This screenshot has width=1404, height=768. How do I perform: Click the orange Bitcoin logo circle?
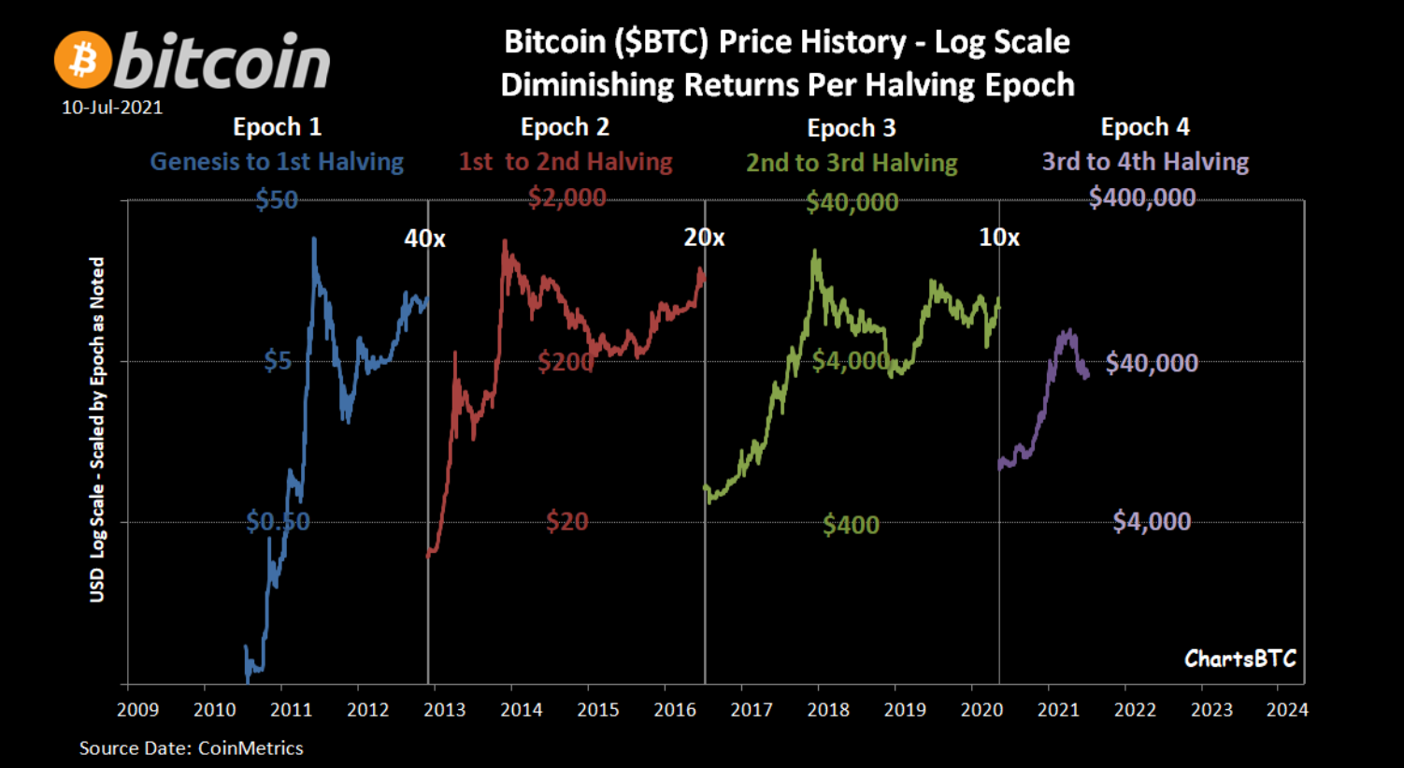pyautogui.click(x=83, y=60)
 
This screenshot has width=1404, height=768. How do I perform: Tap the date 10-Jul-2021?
pyautogui.click(x=112, y=108)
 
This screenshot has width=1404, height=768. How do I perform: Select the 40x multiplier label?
pyautogui.click(x=424, y=239)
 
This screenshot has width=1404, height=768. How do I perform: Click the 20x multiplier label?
pyautogui.click(x=704, y=238)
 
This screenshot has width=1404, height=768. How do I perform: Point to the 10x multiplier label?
pyautogui.click(x=999, y=238)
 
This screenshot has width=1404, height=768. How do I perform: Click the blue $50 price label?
pyautogui.click(x=277, y=200)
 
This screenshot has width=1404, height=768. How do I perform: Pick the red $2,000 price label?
pyautogui.click(x=566, y=197)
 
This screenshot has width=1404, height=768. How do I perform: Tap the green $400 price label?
pyautogui.click(x=851, y=525)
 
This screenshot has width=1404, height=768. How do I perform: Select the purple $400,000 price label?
pyautogui.click(x=1142, y=197)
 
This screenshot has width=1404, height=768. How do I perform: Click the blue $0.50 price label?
pyautogui.click(x=278, y=521)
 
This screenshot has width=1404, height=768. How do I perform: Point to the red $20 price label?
pyautogui.click(x=566, y=521)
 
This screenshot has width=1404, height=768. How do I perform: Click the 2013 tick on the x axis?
pyautogui.click(x=428, y=685)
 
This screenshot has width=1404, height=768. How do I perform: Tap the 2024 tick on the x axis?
pyautogui.click(x=1278, y=685)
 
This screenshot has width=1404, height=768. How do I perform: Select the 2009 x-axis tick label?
pyautogui.click(x=138, y=710)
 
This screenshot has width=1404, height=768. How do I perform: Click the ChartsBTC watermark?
pyautogui.click(x=1239, y=659)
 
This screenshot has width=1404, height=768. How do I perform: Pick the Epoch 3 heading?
pyautogui.click(x=852, y=128)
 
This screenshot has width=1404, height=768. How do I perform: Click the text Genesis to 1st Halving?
pyautogui.click(x=277, y=162)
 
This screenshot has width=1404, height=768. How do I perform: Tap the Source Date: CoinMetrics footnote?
pyautogui.click(x=192, y=748)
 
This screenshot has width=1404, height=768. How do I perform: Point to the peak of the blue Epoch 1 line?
pyautogui.click(x=314, y=239)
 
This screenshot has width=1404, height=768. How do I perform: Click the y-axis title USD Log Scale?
pyautogui.click(x=96, y=429)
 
